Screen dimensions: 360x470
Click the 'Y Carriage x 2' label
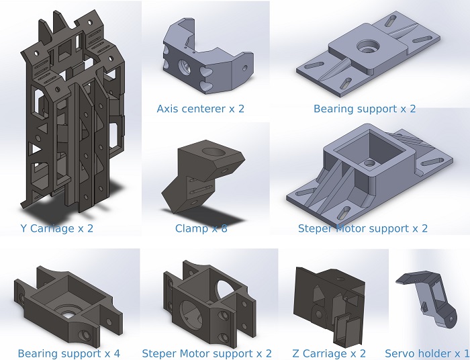click(57, 228)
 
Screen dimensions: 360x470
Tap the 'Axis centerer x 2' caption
click(200, 108)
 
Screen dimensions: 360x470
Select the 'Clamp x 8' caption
click(201, 228)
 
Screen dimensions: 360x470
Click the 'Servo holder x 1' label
click(427, 353)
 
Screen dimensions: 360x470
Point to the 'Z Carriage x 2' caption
click(329, 353)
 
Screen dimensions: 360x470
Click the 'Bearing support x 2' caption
click(365, 108)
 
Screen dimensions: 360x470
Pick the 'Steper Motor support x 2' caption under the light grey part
click(363, 228)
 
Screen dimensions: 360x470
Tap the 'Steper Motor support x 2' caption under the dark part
click(207, 353)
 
